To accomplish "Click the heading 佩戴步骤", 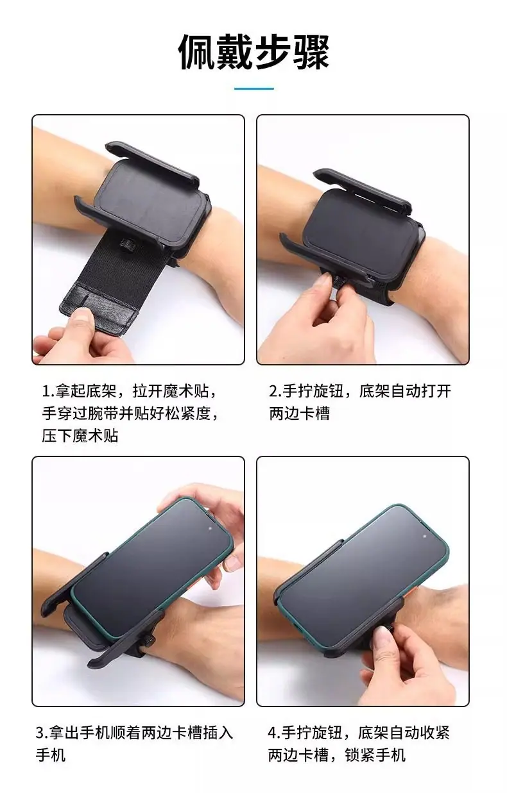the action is [253, 53].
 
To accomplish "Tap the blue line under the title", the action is [253, 88].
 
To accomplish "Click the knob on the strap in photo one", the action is [126, 245].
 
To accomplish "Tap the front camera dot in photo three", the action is [210, 529].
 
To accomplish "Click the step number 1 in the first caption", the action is [46, 392].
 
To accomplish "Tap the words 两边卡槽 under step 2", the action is [299, 413].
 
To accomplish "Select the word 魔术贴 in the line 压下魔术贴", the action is [95, 435].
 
